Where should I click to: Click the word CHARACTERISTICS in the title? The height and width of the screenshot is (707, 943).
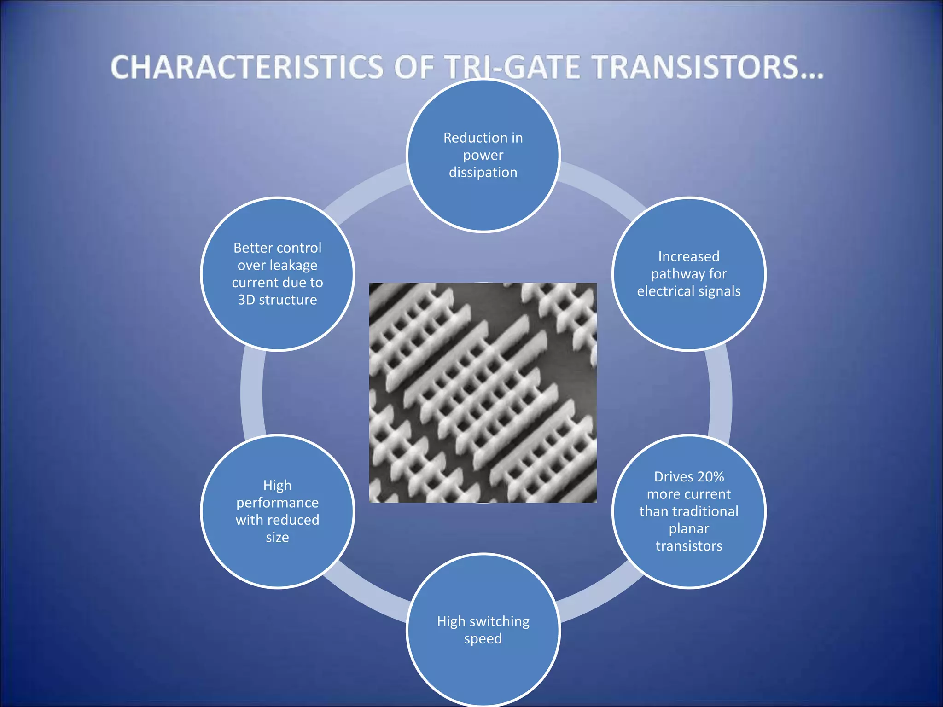247,67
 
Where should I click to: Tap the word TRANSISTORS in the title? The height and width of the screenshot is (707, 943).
695,67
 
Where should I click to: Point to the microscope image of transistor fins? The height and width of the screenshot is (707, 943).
483,392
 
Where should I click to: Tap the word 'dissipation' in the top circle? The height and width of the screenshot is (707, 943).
483,173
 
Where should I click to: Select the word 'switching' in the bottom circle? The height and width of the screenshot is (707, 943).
501,622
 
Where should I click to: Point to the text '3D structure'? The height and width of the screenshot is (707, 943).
277,300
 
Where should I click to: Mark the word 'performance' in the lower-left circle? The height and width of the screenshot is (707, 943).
277,503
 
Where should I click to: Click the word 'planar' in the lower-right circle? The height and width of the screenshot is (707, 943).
689,529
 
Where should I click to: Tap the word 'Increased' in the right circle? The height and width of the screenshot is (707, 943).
689,256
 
